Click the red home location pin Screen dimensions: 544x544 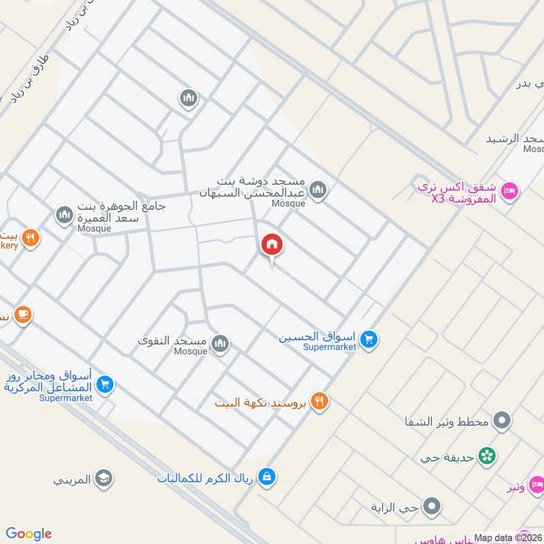coord(272,245)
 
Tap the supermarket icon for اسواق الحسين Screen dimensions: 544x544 coord(369,339)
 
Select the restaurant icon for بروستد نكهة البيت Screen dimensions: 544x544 coord(320,401)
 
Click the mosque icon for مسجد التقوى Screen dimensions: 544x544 coord(220,344)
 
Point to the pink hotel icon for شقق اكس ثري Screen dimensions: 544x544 coord(510,191)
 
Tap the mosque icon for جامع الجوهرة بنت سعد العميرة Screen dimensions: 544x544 coord(65,216)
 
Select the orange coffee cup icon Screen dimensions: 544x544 coord(23,314)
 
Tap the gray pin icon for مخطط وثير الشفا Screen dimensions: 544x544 coord(502,420)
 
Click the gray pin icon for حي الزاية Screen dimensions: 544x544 coord(431,506)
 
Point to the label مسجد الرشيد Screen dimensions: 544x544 coord(514,139)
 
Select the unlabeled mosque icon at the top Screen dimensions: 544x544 coord(188,99)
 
